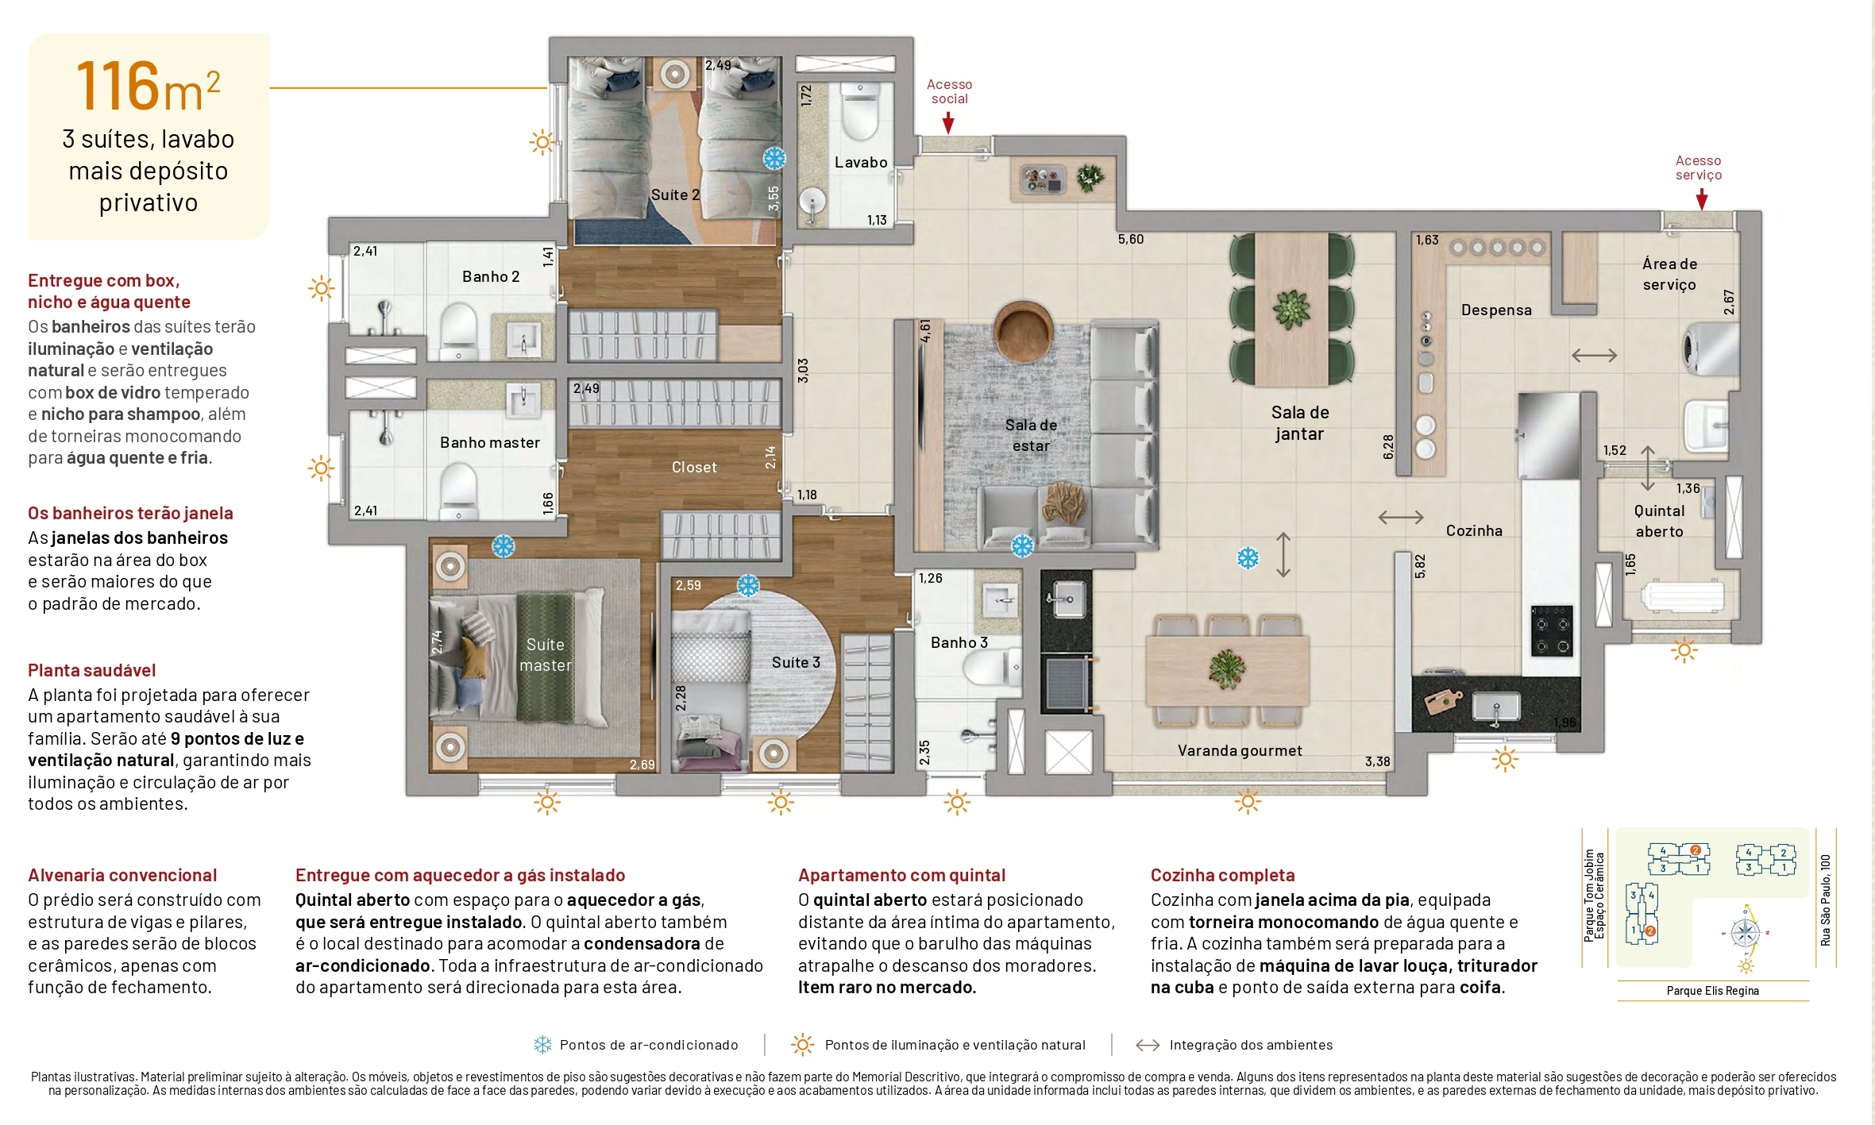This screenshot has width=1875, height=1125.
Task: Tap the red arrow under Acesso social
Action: [948, 122]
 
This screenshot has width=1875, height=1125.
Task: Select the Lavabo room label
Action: [861, 162]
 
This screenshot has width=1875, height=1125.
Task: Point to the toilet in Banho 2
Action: [459, 329]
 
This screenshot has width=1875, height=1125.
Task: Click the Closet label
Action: [694, 468]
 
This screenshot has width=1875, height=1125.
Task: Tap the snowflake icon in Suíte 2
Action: [774, 158]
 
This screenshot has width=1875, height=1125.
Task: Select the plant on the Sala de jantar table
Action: [1291, 309]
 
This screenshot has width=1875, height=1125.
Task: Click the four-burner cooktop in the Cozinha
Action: [1552, 630]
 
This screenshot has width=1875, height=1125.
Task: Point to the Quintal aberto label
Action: [1659, 521]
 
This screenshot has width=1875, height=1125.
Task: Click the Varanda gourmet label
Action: [1240, 750]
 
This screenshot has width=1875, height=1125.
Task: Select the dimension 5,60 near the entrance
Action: [1130, 239]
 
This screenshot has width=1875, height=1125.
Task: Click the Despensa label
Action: [1496, 310]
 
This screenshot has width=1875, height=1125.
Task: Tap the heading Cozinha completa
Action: [1222, 875]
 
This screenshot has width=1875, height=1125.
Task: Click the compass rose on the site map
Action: [1745, 932]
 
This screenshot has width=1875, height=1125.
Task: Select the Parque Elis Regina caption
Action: [1712, 991]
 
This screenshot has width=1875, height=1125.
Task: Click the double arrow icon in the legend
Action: [1148, 1045]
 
